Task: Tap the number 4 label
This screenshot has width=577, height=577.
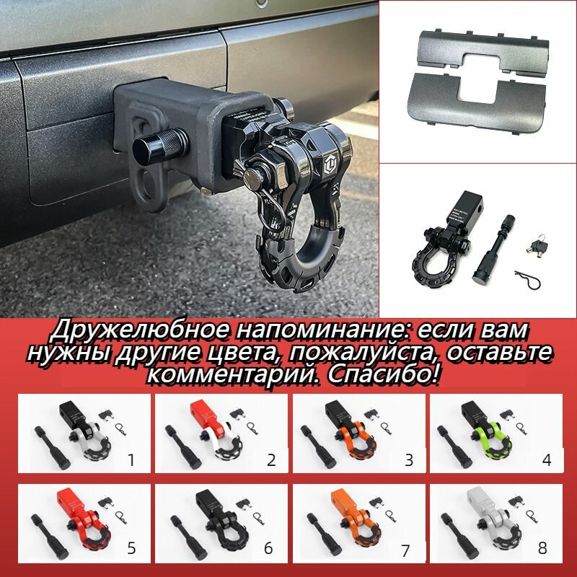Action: [x=546, y=459]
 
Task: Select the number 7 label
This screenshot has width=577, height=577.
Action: [x=408, y=547]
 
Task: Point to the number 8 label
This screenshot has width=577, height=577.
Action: [x=546, y=549]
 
